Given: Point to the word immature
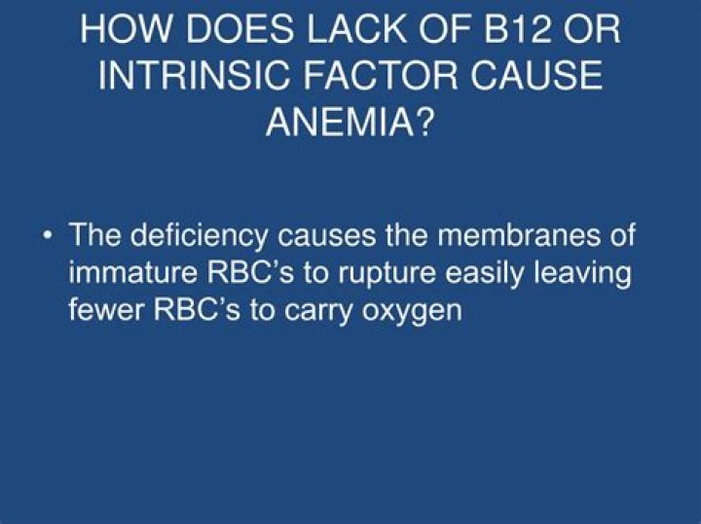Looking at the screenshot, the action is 132,272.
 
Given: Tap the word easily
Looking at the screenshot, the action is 484,274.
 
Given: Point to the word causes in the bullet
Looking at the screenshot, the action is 326,236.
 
